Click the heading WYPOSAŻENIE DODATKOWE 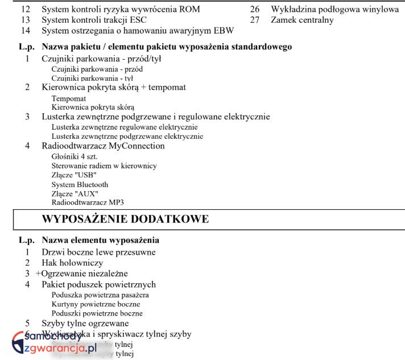(125, 219)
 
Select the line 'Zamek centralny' (302, 20)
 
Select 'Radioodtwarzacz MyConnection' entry (103, 146)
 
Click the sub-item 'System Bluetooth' (80, 185)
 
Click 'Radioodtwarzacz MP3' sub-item (88, 203)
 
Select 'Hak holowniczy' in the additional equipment (72, 263)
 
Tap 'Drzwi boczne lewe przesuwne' (98, 252)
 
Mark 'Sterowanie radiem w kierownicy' (104, 165)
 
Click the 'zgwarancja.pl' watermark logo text (60, 348)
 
